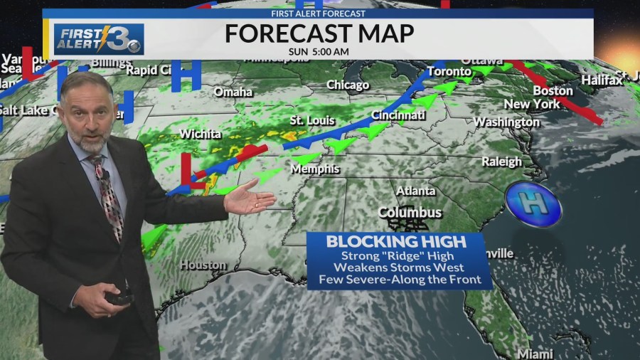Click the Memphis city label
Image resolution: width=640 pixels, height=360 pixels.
315,169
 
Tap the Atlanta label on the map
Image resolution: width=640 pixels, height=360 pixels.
415,191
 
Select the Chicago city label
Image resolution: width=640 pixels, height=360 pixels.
348,85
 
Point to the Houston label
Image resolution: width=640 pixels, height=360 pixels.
203,265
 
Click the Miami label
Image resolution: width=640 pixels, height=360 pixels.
535,354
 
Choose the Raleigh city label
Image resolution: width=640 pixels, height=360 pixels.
501,162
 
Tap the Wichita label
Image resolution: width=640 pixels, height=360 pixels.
201,134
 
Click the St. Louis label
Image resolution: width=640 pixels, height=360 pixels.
312,120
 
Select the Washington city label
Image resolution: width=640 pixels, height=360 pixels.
506,122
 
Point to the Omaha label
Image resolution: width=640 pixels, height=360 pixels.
233,92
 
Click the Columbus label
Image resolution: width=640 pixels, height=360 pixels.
410,212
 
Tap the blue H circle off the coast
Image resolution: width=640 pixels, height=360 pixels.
533,203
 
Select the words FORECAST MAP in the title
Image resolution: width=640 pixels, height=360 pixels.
319,33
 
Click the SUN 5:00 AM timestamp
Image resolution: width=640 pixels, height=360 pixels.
319,51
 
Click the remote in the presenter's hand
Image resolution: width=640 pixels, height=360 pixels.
119,298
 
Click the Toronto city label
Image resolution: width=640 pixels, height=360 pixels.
449,71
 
